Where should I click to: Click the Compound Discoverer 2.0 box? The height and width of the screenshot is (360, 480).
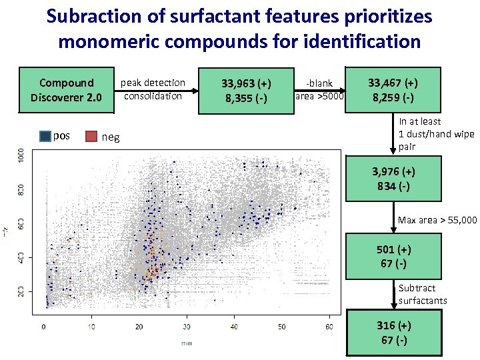(67, 89)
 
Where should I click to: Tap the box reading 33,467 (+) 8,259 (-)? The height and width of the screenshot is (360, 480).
(393, 89)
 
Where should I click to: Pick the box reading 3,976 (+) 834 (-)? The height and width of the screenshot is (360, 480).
(393, 178)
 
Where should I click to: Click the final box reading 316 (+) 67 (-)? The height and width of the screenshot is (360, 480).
(393, 333)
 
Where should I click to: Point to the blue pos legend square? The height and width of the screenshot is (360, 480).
(45, 137)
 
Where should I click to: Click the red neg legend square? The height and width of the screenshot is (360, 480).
(91, 137)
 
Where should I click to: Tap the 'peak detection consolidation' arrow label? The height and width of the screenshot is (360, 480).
(153, 89)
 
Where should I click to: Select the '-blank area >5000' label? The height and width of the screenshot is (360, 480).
(319, 89)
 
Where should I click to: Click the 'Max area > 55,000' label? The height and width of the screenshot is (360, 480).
(437, 220)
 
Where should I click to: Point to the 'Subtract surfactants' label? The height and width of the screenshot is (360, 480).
(423, 294)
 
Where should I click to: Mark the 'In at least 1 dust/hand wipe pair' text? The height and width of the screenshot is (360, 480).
(436, 133)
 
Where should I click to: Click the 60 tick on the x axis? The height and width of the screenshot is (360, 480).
(329, 327)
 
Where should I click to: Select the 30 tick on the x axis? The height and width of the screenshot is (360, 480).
(186, 327)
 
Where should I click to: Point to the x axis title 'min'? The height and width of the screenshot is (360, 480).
(187, 343)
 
